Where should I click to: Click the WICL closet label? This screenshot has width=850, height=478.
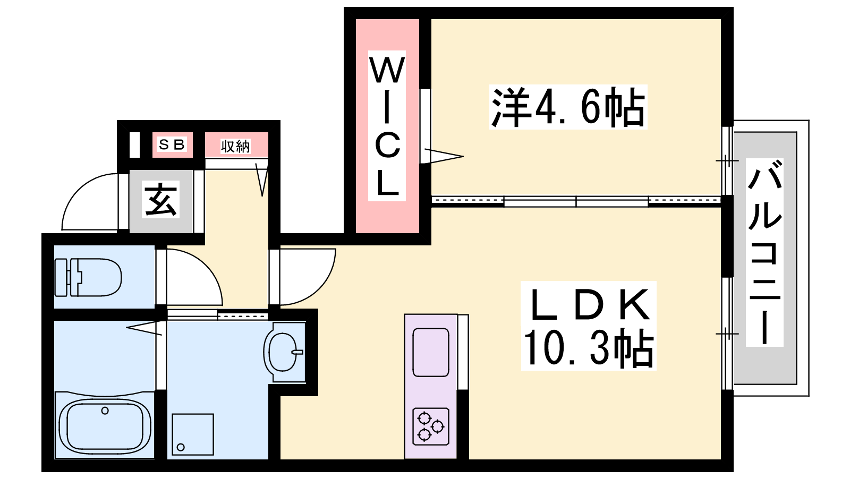coord(387,125)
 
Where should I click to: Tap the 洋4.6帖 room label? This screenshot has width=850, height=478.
coord(568,107)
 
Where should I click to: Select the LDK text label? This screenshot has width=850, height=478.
coord(589,305)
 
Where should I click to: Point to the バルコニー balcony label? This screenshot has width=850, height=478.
coord(764,252)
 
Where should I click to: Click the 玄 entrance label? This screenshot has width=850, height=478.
coord(160,199)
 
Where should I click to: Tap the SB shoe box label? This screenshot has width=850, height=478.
coord(172,144)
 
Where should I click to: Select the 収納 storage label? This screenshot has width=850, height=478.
coord(236,146)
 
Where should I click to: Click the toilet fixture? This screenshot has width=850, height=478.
coord(88,277)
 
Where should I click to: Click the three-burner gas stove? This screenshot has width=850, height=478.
coord(431,426)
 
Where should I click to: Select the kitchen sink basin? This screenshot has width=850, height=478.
coord(431,353)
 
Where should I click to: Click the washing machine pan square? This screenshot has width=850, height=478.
coord(193,434)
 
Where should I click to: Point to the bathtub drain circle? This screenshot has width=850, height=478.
coord(105,411)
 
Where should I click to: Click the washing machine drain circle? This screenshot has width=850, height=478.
coord(181,447)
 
